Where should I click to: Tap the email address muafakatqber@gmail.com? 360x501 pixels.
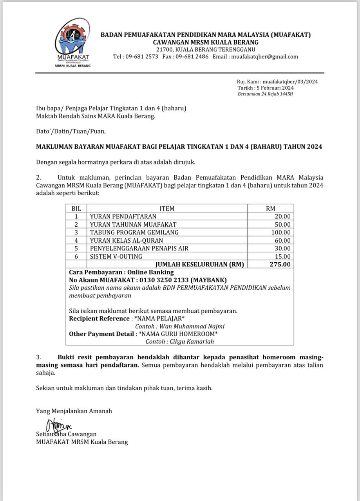coord(264,56)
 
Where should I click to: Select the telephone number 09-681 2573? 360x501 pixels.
coord(141,56)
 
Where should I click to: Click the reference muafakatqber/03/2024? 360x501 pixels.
coord(290,82)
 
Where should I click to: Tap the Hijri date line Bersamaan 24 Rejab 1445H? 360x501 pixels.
coord(266,94)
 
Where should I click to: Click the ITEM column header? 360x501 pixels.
coord(167,209)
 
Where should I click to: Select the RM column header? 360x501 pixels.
coord(270,209)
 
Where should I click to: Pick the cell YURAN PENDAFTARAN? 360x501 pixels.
coord(123,216)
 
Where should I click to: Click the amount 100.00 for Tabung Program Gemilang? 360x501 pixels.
coord(282,232)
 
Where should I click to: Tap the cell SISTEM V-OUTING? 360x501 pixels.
coord(116,256)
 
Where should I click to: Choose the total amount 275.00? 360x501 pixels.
coord(280,264)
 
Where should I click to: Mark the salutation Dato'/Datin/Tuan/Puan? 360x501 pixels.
coord(71,132)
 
